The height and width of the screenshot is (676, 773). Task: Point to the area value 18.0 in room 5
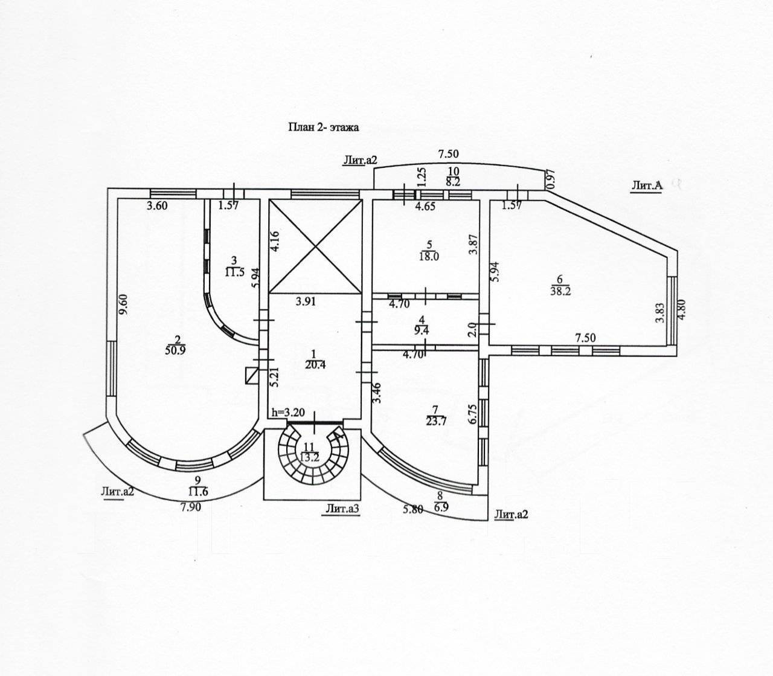tap(430, 256)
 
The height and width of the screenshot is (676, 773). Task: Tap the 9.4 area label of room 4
tap(422, 330)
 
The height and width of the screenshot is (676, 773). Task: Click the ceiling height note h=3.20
tap(289, 413)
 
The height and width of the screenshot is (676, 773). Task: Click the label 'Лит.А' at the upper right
tap(646, 186)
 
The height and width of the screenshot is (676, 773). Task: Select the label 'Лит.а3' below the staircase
tap(342, 509)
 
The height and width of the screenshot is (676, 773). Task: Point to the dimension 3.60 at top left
tap(157, 205)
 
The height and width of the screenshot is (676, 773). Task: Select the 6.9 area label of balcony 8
tap(441, 507)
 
